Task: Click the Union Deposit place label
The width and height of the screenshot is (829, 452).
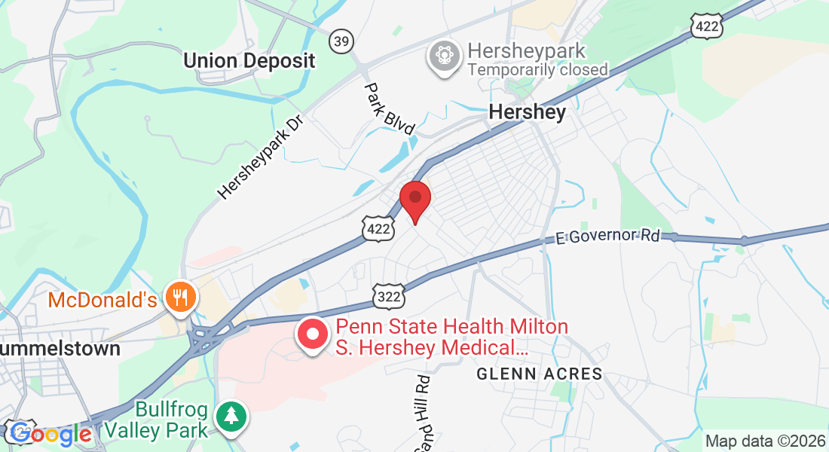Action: [249, 61]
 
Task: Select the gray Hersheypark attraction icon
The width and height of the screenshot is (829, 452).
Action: [445, 56]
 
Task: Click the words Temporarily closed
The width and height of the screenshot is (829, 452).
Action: [537, 70]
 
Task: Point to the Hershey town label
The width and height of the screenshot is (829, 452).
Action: [527, 112]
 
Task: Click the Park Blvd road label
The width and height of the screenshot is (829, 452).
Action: [390, 108]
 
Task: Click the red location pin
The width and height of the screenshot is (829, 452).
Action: [414, 200]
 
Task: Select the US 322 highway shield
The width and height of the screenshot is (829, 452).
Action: [390, 297]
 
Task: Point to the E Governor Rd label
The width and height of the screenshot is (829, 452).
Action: [607, 237]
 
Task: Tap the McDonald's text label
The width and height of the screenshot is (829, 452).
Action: [102, 301]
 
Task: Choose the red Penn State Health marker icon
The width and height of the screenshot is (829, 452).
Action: [313, 335]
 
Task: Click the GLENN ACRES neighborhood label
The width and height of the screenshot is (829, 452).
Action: [540, 374]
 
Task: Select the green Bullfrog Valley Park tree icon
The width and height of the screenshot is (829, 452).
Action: [232, 417]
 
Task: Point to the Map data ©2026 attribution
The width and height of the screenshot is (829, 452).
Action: [764, 441]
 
